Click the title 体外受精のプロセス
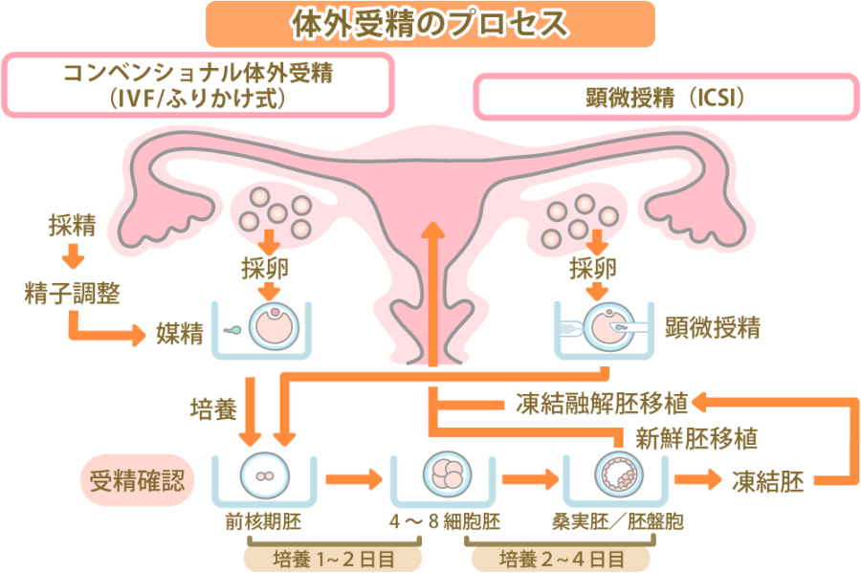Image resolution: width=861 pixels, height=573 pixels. coord(430,23)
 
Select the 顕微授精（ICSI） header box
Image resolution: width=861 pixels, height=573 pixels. coord(664,99)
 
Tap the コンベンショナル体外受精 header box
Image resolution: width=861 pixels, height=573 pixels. coord(199,84)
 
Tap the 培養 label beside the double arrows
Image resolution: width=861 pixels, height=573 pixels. coord(213,410)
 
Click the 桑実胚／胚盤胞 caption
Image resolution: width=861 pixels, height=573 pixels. coord(618,523)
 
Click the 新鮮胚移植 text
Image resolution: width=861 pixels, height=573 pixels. coord(696,439)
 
